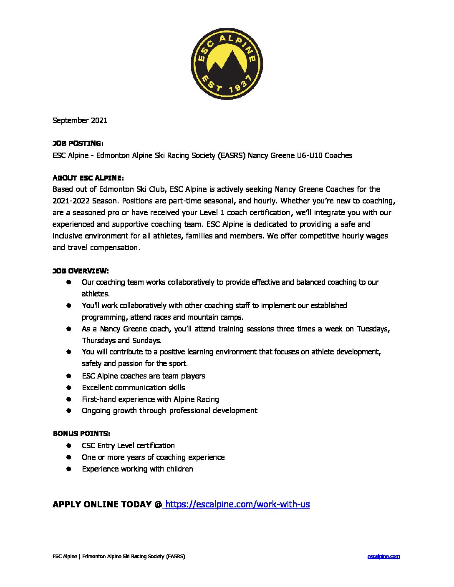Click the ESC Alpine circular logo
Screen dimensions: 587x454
click(227, 64)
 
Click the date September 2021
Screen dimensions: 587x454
click(80, 120)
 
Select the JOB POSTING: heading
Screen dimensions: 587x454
click(78, 143)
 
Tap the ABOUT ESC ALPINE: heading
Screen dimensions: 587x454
click(88, 178)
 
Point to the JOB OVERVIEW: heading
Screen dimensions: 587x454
click(81, 271)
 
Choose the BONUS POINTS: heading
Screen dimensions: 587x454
click(81, 434)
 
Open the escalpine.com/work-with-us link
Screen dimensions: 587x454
click(237, 504)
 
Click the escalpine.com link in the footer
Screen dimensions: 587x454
click(383, 557)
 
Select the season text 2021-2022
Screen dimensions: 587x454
click(71, 201)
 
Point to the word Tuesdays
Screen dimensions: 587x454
click(373, 329)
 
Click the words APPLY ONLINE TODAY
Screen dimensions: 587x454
click(102, 504)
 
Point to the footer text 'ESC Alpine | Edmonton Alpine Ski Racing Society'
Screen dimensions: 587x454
click(119, 557)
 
